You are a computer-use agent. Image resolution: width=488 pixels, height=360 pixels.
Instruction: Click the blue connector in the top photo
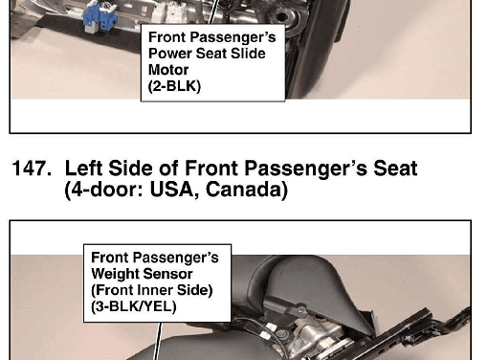tap(100, 18)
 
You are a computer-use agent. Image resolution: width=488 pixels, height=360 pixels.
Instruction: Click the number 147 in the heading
tap(32, 169)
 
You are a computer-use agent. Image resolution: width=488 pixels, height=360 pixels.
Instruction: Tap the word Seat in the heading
tap(395, 169)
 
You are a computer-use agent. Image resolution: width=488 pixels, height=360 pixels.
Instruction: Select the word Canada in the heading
tap(247, 190)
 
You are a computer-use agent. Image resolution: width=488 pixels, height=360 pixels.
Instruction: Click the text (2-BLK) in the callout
tap(174, 86)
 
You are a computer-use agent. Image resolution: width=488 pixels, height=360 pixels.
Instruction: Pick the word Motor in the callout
tap(168, 70)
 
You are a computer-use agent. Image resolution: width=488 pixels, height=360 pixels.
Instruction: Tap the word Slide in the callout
tap(248, 54)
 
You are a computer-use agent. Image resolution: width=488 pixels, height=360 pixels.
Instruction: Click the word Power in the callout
tap(170, 54)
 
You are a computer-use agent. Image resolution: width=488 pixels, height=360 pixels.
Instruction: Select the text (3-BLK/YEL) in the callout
tap(134, 306)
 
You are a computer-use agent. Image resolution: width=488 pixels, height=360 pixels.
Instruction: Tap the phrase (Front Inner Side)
tap(152, 290)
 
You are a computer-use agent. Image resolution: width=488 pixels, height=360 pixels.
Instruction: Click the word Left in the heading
tap(84, 169)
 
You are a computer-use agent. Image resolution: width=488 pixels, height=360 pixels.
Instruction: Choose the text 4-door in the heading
tap(107, 190)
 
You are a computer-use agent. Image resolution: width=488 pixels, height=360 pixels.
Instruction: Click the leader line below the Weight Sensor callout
tap(158, 341)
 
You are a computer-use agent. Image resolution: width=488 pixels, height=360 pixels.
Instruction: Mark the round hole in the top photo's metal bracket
tap(281, 16)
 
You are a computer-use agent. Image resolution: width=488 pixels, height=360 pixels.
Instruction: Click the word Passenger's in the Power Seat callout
tap(233, 37)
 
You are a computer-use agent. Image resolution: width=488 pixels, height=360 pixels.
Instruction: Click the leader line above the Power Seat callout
tap(214, 11)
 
